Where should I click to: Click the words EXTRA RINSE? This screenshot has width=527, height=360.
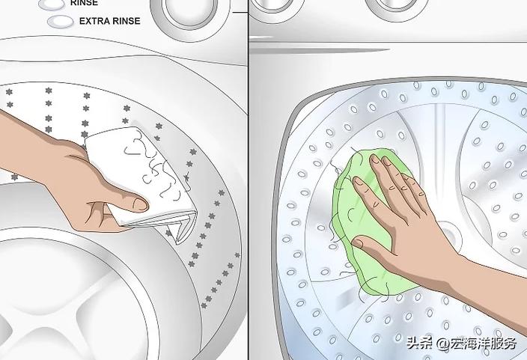[x=109, y=21]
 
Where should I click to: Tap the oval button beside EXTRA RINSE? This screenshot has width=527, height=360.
[x=60, y=22]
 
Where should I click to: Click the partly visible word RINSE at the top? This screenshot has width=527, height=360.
[x=84, y=3]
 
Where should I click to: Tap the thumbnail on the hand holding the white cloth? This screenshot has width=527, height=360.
[x=141, y=204]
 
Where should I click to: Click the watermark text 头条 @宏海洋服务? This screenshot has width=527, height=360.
[x=461, y=344]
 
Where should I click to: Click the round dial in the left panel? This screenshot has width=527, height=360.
[x=192, y=15]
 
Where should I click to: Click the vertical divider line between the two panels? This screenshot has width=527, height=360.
[x=249, y=180]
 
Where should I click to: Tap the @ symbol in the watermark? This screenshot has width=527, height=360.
[x=442, y=344]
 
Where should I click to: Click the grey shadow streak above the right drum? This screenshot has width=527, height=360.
[x=320, y=51]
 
